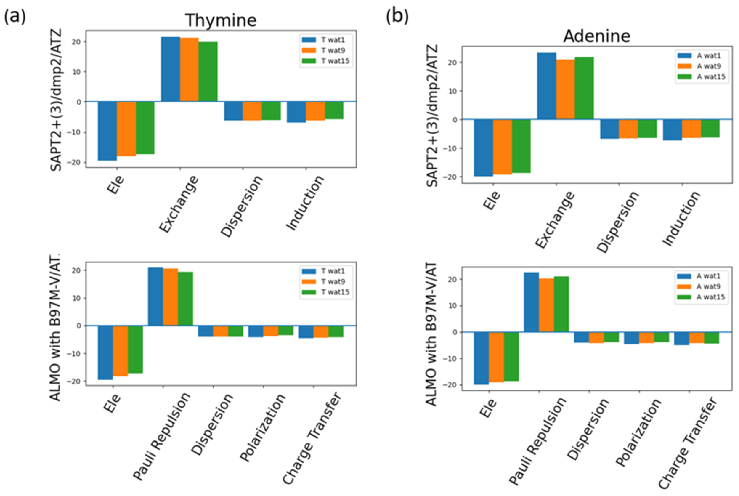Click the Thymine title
click(220, 20)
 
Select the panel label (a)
click(15, 16)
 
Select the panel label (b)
click(397, 16)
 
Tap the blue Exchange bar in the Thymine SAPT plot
click(170, 69)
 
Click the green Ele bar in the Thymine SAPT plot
click(145, 128)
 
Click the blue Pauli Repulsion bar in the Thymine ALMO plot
click(155, 296)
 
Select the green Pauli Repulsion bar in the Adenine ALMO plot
click(561, 304)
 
